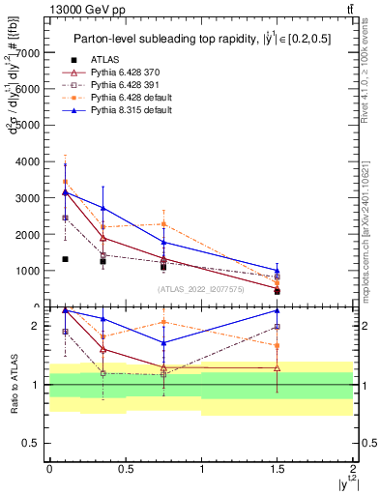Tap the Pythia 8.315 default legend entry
tap(132, 110)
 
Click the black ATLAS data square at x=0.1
tap(65, 259)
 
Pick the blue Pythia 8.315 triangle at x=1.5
tap(278, 271)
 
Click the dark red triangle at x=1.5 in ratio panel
tap(278, 367)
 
